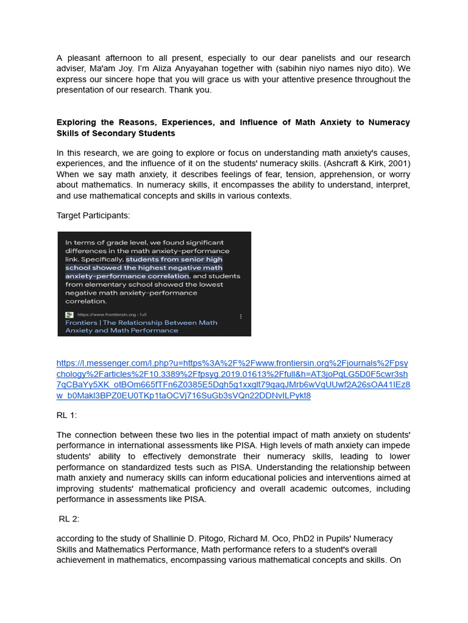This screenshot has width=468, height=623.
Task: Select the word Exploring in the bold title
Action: (x=77, y=122)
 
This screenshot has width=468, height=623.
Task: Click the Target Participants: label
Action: (x=93, y=215)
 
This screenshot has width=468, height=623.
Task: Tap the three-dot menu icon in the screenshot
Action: (x=241, y=316)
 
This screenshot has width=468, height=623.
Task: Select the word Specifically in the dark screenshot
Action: (x=103, y=259)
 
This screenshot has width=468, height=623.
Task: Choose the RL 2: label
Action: (x=69, y=519)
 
